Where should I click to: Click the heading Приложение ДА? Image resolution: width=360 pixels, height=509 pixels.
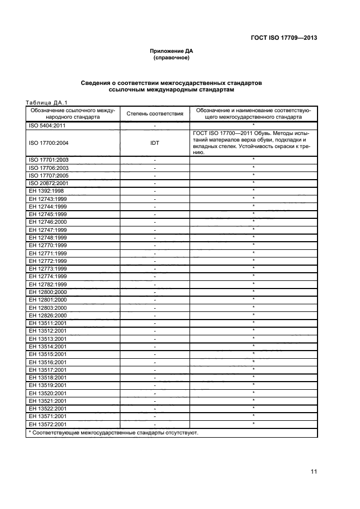[172, 51]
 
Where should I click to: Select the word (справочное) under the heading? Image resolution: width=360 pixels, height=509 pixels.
[172, 57]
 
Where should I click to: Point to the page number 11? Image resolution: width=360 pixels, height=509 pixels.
[314, 472]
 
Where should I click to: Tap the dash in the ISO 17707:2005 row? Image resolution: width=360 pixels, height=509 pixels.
[155, 176]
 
